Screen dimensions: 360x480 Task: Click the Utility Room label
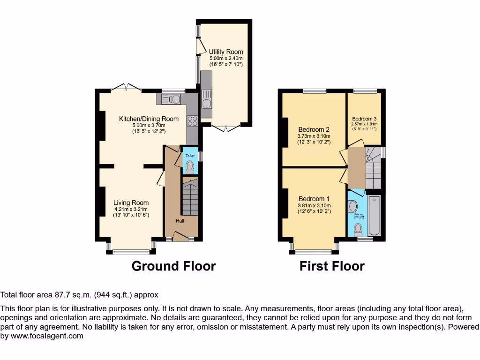(x=226, y=52)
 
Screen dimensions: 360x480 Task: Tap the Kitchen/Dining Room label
(x=149, y=119)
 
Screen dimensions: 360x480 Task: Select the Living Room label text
(x=131, y=203)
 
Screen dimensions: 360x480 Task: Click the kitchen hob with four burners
(x=192, y=121)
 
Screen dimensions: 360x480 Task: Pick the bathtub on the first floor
(x=374, y=216)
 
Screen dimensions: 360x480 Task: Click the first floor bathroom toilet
(x=359, y=229)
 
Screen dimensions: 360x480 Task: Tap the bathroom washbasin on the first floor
(x=353, y=205)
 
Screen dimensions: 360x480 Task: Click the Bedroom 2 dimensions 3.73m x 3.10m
(x=314, y=136)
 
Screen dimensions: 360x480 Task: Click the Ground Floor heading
(x=173, y=266)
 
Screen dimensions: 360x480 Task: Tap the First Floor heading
(x=332, y=266)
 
